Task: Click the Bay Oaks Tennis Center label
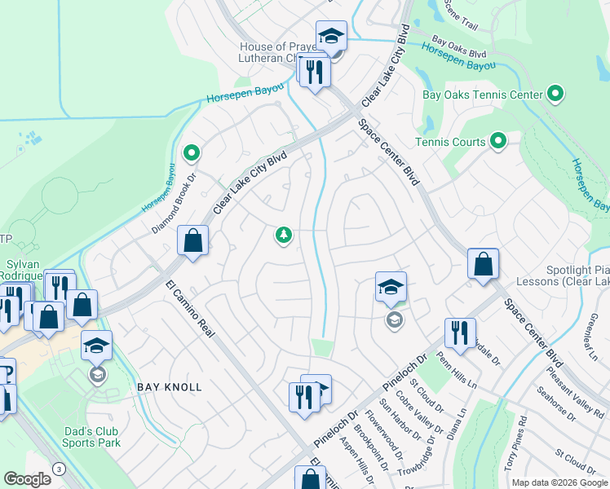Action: [482, 95]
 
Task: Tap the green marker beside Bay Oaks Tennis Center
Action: [556, 95]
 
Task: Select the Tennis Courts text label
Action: [450, 142]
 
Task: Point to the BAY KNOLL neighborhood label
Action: [169, 387]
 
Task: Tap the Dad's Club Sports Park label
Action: [91, 437]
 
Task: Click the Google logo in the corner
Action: [27, 479]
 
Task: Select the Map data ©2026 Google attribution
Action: [559, 482]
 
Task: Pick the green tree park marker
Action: [284, 236]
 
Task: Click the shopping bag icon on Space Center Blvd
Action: [483, 265]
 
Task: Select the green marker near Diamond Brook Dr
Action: [192, 152]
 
